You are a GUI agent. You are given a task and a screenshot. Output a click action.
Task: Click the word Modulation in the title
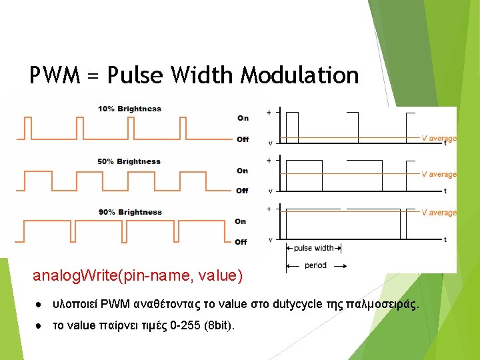point(299,75)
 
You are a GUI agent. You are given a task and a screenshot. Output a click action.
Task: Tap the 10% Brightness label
point(129,109)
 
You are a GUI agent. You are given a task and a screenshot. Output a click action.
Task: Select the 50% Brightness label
point(129,161)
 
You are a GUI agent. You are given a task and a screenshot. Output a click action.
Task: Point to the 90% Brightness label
point(130,212)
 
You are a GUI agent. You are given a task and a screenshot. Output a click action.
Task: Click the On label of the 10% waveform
point(243,118)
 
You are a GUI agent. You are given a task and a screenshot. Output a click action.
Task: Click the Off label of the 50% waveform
point(242,191)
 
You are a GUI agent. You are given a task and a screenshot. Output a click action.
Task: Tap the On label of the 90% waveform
point(240,221)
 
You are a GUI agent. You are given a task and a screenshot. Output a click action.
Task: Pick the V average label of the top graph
point(439,139)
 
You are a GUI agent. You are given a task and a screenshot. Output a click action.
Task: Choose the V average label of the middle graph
point(439,174)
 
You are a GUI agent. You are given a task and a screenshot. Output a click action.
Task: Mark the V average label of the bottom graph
point(439,213)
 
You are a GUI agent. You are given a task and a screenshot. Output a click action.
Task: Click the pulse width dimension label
point(313,248)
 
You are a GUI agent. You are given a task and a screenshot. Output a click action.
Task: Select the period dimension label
point(316,265)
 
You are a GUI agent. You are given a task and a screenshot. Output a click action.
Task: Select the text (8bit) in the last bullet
point(217,326)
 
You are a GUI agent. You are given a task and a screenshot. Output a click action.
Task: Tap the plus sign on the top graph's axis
point(269,113)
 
